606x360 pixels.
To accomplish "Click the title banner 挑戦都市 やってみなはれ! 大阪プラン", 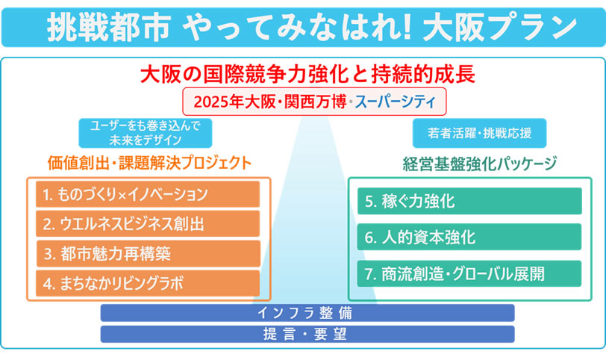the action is [x=303, y=28].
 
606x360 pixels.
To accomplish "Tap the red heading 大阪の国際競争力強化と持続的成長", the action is [x=307, y=74].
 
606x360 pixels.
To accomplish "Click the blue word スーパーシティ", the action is [x=395, y=102].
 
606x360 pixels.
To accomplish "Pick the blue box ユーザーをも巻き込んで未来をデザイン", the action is [x=146, y=133].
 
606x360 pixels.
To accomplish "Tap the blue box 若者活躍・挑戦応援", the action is [x=479, y=133].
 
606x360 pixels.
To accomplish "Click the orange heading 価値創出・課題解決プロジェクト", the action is [x=149, y=163].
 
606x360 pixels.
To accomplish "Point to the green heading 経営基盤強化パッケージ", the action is [x=480, y=164].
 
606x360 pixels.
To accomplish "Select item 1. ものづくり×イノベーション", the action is [x=148, y=194].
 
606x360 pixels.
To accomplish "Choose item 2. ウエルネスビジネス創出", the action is [x=148, y=224].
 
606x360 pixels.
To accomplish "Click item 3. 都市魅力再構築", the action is [x=148, y=254].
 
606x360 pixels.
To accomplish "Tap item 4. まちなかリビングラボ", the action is [x=148, y=283].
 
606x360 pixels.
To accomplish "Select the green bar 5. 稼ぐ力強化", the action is [x=469, y=201].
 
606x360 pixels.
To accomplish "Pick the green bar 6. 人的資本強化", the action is [x=469, y=237].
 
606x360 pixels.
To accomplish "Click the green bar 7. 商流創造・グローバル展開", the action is [x=469, y=274].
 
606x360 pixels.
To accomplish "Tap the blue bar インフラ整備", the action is [x=307, y=313].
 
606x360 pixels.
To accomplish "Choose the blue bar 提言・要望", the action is [x=307, y=334].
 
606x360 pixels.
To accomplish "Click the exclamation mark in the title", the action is [x=406, y=28].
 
